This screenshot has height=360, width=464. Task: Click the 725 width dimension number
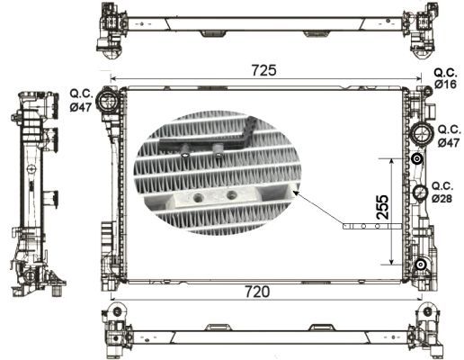point(264,69)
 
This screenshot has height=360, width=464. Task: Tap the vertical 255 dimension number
point(380,211)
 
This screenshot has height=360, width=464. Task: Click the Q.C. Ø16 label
point(445,77)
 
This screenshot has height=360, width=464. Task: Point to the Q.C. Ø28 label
point(444,193)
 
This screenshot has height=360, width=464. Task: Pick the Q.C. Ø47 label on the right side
point(447,135)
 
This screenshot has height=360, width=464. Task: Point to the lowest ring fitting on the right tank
point(419,264)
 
